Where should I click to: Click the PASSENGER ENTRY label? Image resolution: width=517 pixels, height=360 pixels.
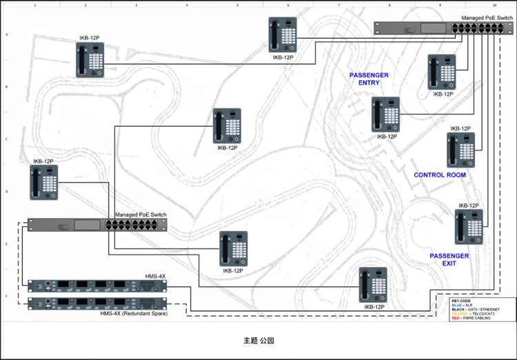click(369, 79)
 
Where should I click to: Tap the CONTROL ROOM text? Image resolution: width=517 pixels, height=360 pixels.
click(440, 175)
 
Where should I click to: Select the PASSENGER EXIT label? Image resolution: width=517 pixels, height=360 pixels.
click(449, 260)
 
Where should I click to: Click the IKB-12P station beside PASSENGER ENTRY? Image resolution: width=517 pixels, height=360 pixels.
click(385, 114)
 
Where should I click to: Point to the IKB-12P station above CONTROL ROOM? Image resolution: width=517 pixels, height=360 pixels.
click(460, 150)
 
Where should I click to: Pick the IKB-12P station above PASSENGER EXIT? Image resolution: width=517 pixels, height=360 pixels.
click(469, 227)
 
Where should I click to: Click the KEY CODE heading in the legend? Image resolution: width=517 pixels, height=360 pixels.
click(460, 301)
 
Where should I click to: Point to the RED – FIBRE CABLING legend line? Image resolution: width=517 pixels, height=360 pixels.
click(472, 318)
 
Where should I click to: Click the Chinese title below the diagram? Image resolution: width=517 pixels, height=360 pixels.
click(258, 341)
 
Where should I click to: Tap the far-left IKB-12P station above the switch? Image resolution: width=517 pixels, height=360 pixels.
click(43, 183)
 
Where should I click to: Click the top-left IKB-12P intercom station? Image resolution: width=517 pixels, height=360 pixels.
click(90, 61)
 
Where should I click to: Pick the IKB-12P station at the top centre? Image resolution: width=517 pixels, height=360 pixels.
click(283, 34)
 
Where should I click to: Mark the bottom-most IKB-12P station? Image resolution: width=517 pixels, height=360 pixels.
click(372, 285)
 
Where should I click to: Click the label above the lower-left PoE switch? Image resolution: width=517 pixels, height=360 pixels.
click(141, 215)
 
